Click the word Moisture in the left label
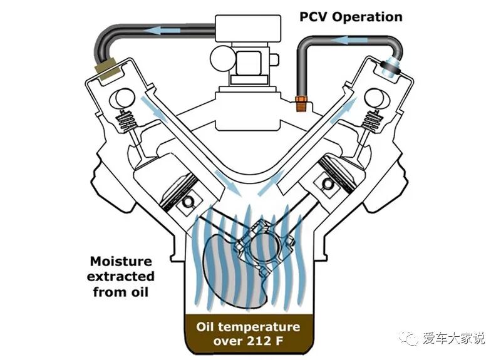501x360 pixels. pos(121,261)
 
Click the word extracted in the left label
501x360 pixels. pos(121,276)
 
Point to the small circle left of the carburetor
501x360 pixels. pos(221,59)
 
